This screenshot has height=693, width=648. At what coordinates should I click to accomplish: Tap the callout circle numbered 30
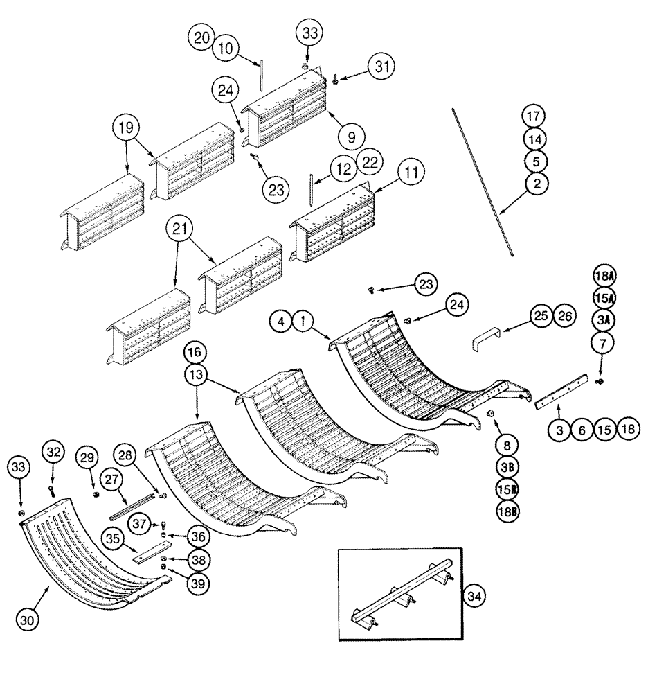(x=30, y=618)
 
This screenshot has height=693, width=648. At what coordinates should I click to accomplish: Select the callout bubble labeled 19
(x=127, y=128)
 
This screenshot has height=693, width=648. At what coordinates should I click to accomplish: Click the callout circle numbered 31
(x=380, y=67)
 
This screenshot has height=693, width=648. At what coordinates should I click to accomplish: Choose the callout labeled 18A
(x=604, y=277)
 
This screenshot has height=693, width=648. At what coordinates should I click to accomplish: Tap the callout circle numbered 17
(x=534, y=116)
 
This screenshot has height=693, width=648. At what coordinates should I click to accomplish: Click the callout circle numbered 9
(x=351, y=136)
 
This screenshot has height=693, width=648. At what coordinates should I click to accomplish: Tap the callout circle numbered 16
(x=196, y=352)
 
